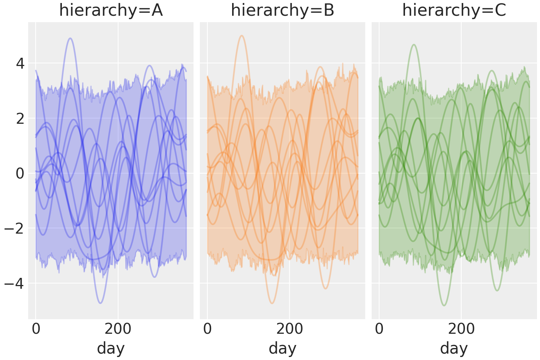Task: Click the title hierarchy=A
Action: (111, 10)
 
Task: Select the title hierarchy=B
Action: (282, 10)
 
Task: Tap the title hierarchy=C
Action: (454, 10)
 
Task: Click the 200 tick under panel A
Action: (118, 329)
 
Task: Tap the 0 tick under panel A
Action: (36, 329)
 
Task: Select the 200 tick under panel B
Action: (289, 329)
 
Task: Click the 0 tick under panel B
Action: (207, 329)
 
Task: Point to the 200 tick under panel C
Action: (461, 329)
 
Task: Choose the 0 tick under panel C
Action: (379, 329)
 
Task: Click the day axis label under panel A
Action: (111, 348)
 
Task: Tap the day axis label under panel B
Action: (282, 348)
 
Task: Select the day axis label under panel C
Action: (454, 348)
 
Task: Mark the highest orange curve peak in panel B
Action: (242, 36)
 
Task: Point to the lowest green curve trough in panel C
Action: (444, 306)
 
